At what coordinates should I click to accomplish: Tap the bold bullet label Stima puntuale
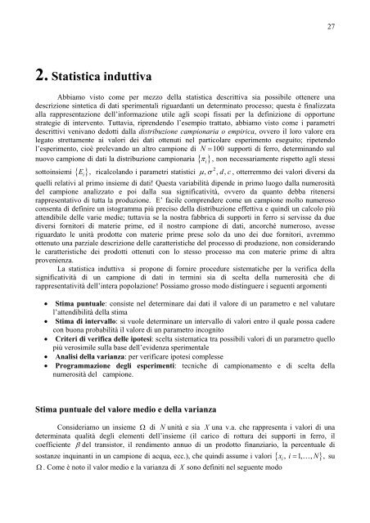87,324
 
